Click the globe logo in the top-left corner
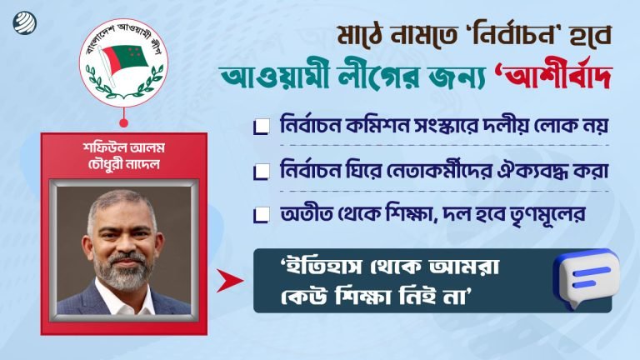coord(19,19)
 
